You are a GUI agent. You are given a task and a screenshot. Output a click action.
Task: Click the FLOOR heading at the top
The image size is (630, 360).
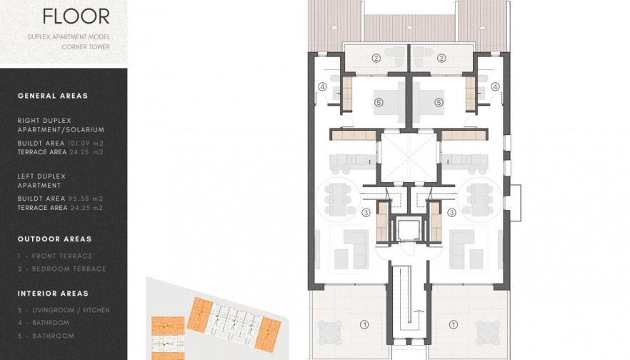(x=76, y=16)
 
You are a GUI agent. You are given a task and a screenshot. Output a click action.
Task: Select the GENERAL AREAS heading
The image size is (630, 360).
(x=53, y=96)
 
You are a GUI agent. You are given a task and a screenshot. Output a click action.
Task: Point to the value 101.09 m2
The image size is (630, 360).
(x=86, y=143)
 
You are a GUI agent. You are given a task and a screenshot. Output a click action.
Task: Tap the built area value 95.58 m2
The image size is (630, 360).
(x=86, y=199)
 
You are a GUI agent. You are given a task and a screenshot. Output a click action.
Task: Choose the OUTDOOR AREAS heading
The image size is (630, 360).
(x=54, y=239)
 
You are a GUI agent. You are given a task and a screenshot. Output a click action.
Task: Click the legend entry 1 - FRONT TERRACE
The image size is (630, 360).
(x=55, y=256)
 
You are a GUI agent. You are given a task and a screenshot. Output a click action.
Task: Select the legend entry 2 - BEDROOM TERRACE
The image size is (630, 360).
(x=61, y=269)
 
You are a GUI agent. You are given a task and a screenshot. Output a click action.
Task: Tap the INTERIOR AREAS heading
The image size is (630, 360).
(x=53, y=294)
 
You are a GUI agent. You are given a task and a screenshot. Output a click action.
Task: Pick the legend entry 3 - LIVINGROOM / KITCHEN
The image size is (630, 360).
(x=64, y=310)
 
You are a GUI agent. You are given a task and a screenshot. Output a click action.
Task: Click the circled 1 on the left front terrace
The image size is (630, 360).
(x=364, y=325)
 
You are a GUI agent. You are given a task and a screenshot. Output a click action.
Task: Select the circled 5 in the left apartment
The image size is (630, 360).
(x=379, y=102)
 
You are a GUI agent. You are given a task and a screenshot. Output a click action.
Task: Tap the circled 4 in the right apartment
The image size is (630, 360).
(x=495, y=86)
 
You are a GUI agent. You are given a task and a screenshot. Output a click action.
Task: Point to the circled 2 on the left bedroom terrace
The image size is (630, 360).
(x=376, y=58)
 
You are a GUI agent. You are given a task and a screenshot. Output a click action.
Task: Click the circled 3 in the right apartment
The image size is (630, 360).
(x=451, y=212)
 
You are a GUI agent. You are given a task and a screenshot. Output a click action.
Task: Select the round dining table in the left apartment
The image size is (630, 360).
(x=339, y=195)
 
